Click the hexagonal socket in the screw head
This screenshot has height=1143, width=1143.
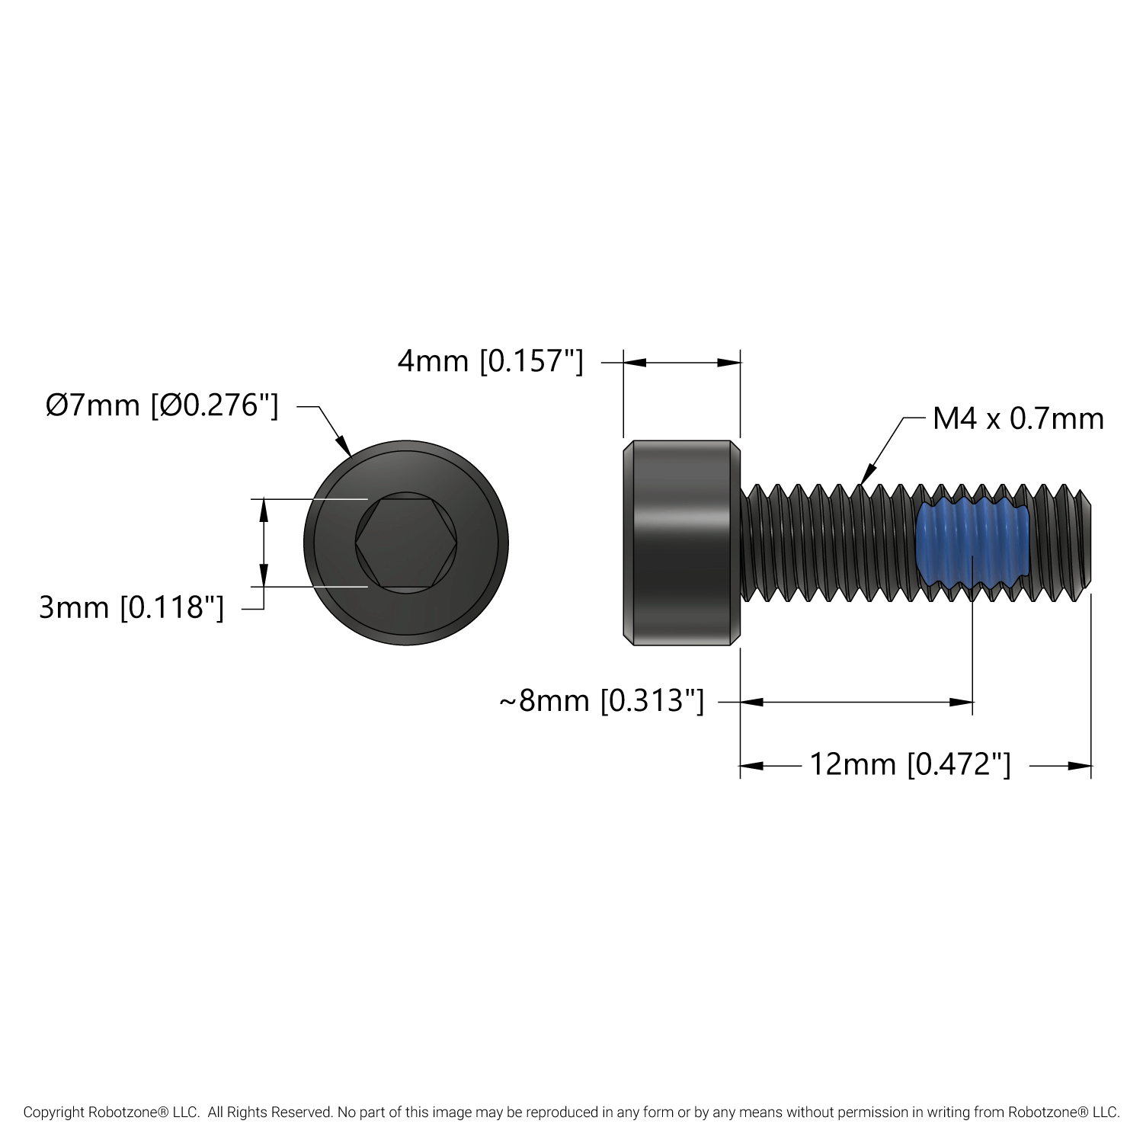pyautogui.click(x=406, y=543)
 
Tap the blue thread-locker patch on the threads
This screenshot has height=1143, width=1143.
pyautogui.click(x=973, y=541)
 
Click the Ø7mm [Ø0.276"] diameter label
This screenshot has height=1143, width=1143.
pyautogui.click(x=162, y=405)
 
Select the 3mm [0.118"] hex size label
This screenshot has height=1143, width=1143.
pyautogui.click(x=132, y=607)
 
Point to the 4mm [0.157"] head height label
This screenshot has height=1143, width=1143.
pyautogui.click(x=490, y=361)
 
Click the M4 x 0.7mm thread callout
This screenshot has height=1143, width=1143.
pyautogui.click(x=1018, y=419)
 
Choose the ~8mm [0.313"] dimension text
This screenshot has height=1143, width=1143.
pyautogui.click(x=601, y=701)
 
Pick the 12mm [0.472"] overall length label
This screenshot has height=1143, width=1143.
pyautogui.click(x=910, y=764)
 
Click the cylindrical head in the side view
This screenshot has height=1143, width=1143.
pyautogui.click(x=681, y=543)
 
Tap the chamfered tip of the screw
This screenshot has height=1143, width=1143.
pyautogui.click(x=1084, y=543)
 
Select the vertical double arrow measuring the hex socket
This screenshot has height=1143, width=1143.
pyautogui.click(x=264, y=543)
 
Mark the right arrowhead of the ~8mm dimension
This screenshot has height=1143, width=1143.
pyautogui.click(x=962, y=702)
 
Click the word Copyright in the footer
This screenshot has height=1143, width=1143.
pyautogui.click(x=53, y=1113)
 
